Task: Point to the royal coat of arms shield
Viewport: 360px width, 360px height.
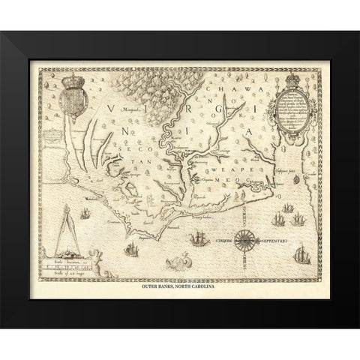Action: [x=73, y=98]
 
